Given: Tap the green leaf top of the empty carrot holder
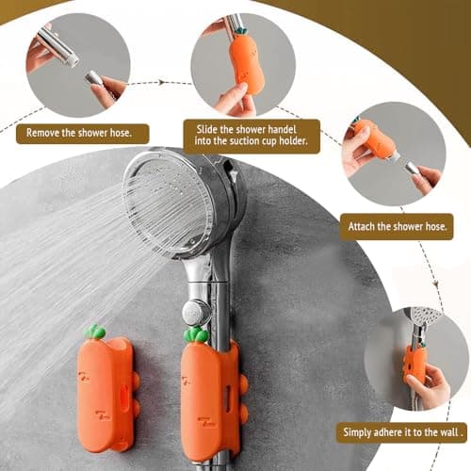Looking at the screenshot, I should point(94,332).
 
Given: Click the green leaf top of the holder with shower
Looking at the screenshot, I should point(195,334).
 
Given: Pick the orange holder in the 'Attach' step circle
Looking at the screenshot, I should point(379,140).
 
